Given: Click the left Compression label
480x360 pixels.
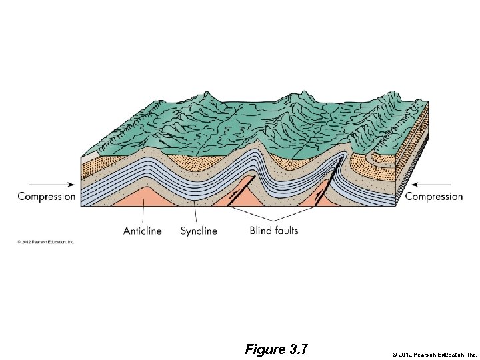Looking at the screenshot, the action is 46,196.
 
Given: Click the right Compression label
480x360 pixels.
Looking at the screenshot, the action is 434,196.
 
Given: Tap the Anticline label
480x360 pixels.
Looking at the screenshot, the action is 142,231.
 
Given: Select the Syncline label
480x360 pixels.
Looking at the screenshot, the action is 199,231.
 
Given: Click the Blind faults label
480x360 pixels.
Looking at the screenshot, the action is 274,231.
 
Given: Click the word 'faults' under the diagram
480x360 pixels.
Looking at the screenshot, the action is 285,231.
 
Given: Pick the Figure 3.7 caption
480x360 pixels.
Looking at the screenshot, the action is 275,349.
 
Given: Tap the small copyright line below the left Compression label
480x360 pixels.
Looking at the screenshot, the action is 46,241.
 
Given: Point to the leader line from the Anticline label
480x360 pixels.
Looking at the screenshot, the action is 143,215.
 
